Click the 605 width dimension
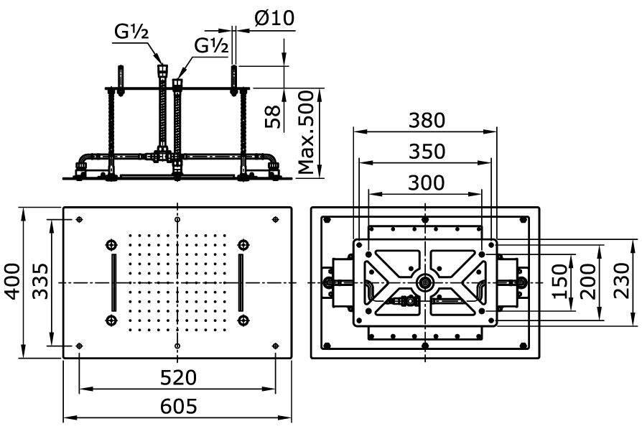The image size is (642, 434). (x=178, y=406)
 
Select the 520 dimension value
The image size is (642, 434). (x=178, y=377)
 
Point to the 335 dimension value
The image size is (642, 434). (x=39, y=282)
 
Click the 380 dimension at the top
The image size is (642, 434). (x=427, y=121)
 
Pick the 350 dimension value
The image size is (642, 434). (x=427, y=152)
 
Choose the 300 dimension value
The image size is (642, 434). (x=427, y=183)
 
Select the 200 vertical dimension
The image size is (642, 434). (x=587, y=281)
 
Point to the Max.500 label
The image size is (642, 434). (x=306, y=132)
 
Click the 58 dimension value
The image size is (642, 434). (x=273, y=116)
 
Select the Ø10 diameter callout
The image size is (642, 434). (x=274, y=18)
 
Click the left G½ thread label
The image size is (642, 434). (x=131, y=32)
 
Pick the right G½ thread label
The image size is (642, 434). (x=211, y=45)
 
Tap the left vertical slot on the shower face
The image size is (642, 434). (x=113, y=282)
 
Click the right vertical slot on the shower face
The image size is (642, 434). (x=241, y=282)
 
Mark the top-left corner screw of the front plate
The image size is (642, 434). (x=79, y=220)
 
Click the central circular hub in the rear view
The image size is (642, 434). (x=426, y=282)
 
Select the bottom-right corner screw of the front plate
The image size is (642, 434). (x=276, y=346)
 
